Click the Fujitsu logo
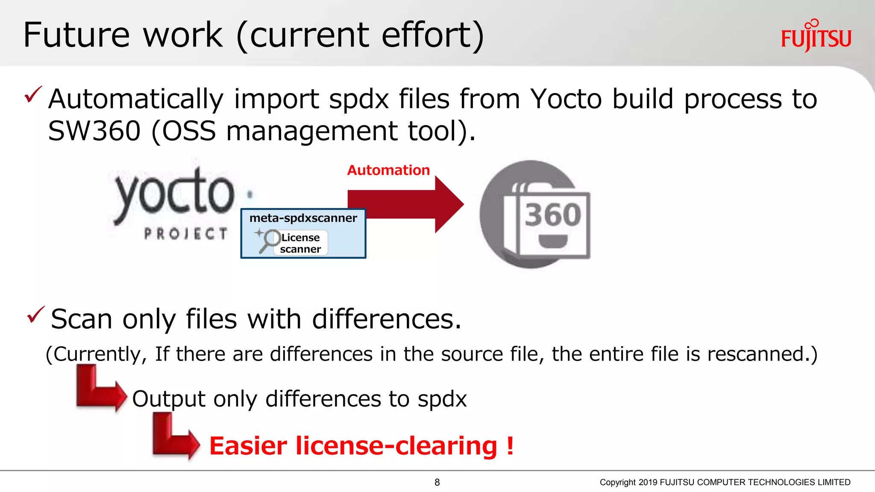816,36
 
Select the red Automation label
388,170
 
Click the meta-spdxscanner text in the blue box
303,218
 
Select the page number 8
437,482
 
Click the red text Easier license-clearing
361,446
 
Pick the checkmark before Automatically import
33,94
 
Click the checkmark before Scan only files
35,315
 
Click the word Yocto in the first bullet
566,99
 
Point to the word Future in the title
76,35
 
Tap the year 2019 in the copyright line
648,482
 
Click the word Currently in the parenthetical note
100,354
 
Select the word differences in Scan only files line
386,319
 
